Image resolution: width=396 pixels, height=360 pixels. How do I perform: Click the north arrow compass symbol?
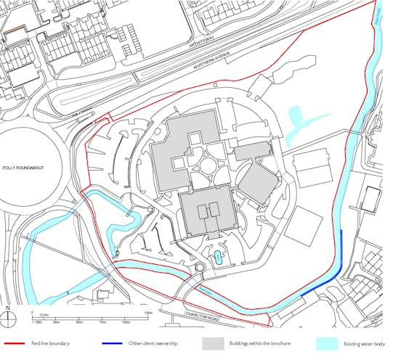pyautogui.click(x=7, y=314)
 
